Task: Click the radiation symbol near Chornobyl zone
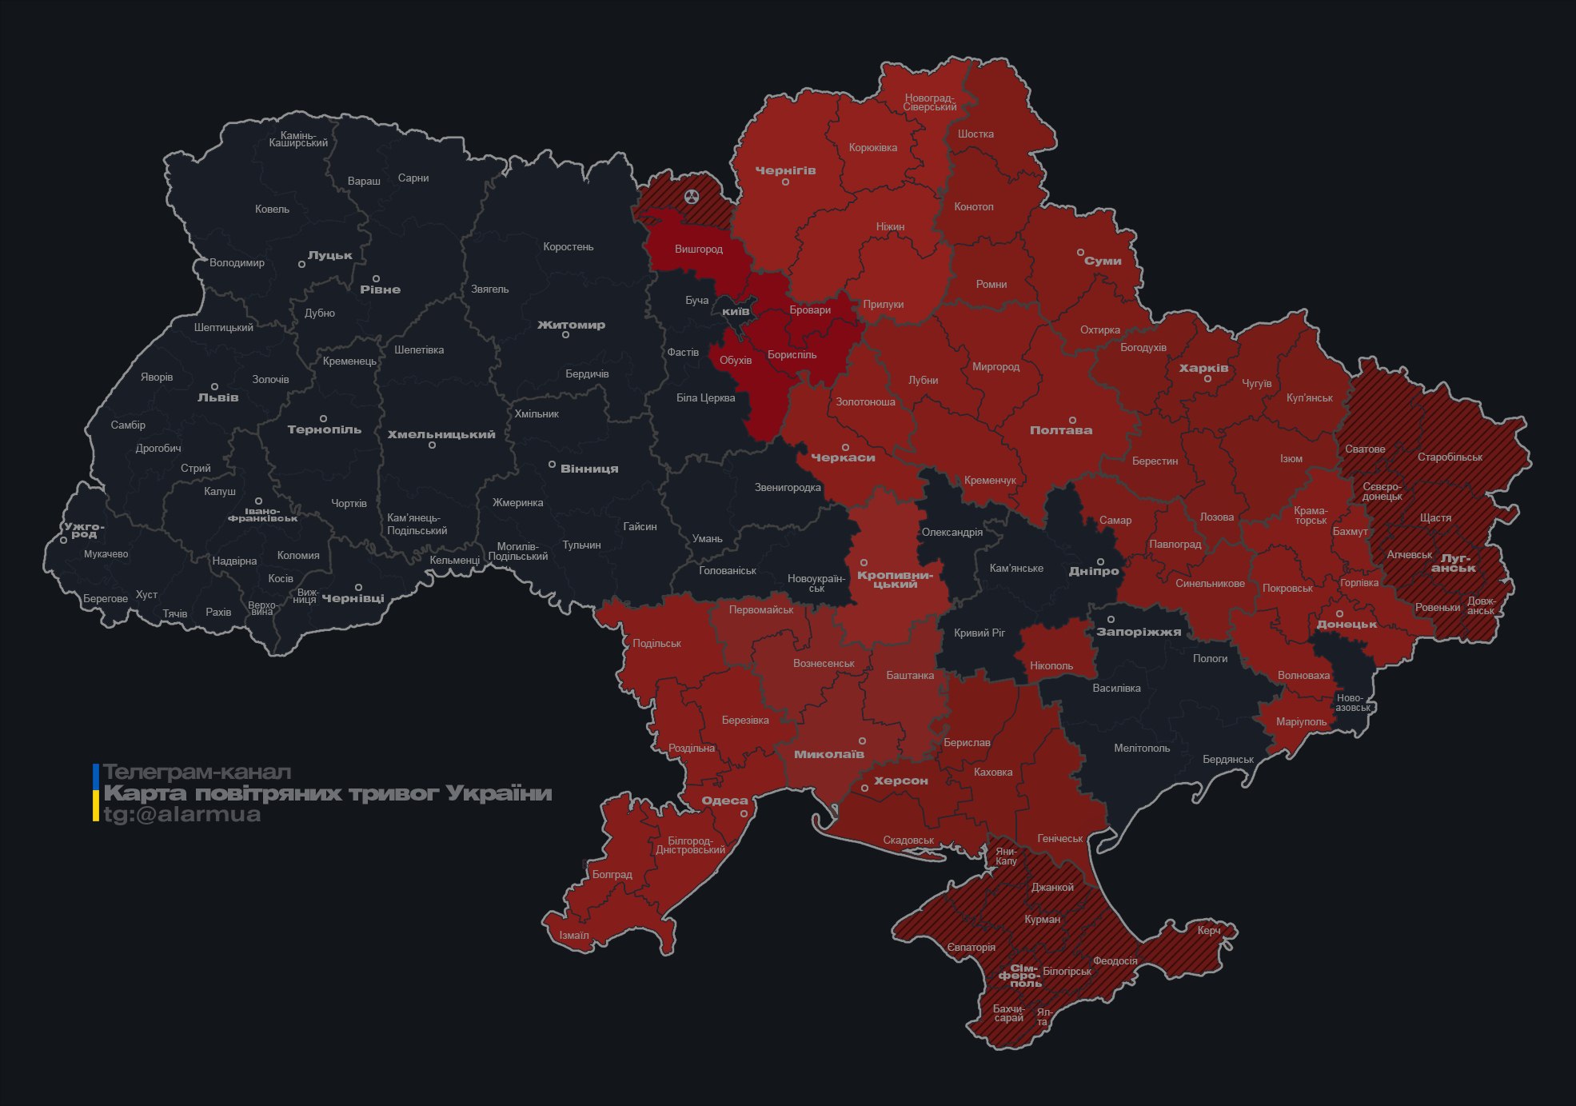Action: click(692, 197)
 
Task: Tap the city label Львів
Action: click(217, 397)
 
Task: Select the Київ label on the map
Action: click(736, 311)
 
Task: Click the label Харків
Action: click(1203, 369)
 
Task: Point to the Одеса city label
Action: click(724, 801)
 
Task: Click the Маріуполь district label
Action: click(1301, 722)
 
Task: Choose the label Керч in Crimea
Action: click(1209, 930)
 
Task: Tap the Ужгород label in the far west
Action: click(84, 530)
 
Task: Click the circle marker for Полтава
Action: click(1072, 420)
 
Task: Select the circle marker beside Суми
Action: click(1080, 252)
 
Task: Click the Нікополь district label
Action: click(1051, 666)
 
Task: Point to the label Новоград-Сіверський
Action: click(929, 102)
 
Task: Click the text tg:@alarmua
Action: click(182, 815)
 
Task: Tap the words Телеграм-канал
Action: click(197, 773)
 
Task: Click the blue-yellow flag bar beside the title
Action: click(96, 793)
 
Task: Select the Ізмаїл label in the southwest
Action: click(573, 936)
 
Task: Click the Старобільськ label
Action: click(1450, 457)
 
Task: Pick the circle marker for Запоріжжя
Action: click(1111, 620)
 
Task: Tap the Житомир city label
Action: click(571, 325)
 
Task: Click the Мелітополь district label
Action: click(1141, 749)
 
